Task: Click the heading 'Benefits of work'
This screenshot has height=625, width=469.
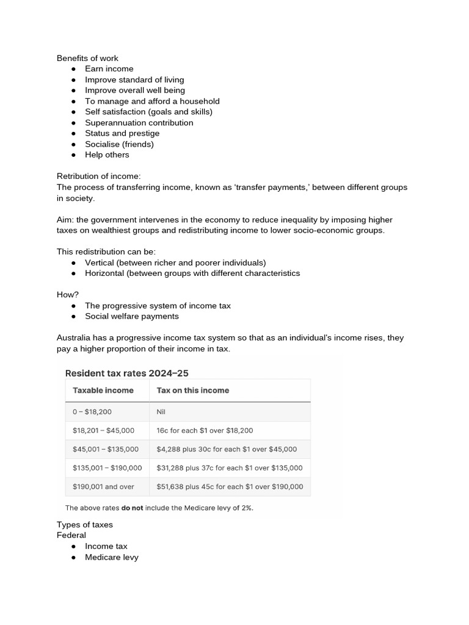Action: click(87, 58)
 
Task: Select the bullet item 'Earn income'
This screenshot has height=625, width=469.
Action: click(109, 69)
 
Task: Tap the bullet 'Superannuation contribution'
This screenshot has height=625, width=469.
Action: click(139, 123)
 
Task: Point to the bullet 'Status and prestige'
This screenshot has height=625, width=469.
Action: click(122, 133)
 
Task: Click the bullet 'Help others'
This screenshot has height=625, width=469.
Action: click(107, 155)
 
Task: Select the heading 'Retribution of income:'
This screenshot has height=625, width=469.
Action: click(98, 176)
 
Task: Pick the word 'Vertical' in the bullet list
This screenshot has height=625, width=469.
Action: click(100, 262)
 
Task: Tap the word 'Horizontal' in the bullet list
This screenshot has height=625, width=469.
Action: click(104, 273)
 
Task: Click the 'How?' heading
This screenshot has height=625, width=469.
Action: click(68, 295)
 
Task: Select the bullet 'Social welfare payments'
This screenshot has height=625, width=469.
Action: click(132, 316)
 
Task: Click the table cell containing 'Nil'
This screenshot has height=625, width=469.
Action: click(161, 412)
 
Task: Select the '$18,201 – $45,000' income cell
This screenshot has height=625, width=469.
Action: click(103, 430)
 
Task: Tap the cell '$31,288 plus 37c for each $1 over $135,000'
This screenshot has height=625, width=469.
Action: click(229, 468)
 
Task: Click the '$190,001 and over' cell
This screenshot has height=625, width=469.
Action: click(103, 487)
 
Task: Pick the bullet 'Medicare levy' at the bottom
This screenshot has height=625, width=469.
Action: click(112, 557)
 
